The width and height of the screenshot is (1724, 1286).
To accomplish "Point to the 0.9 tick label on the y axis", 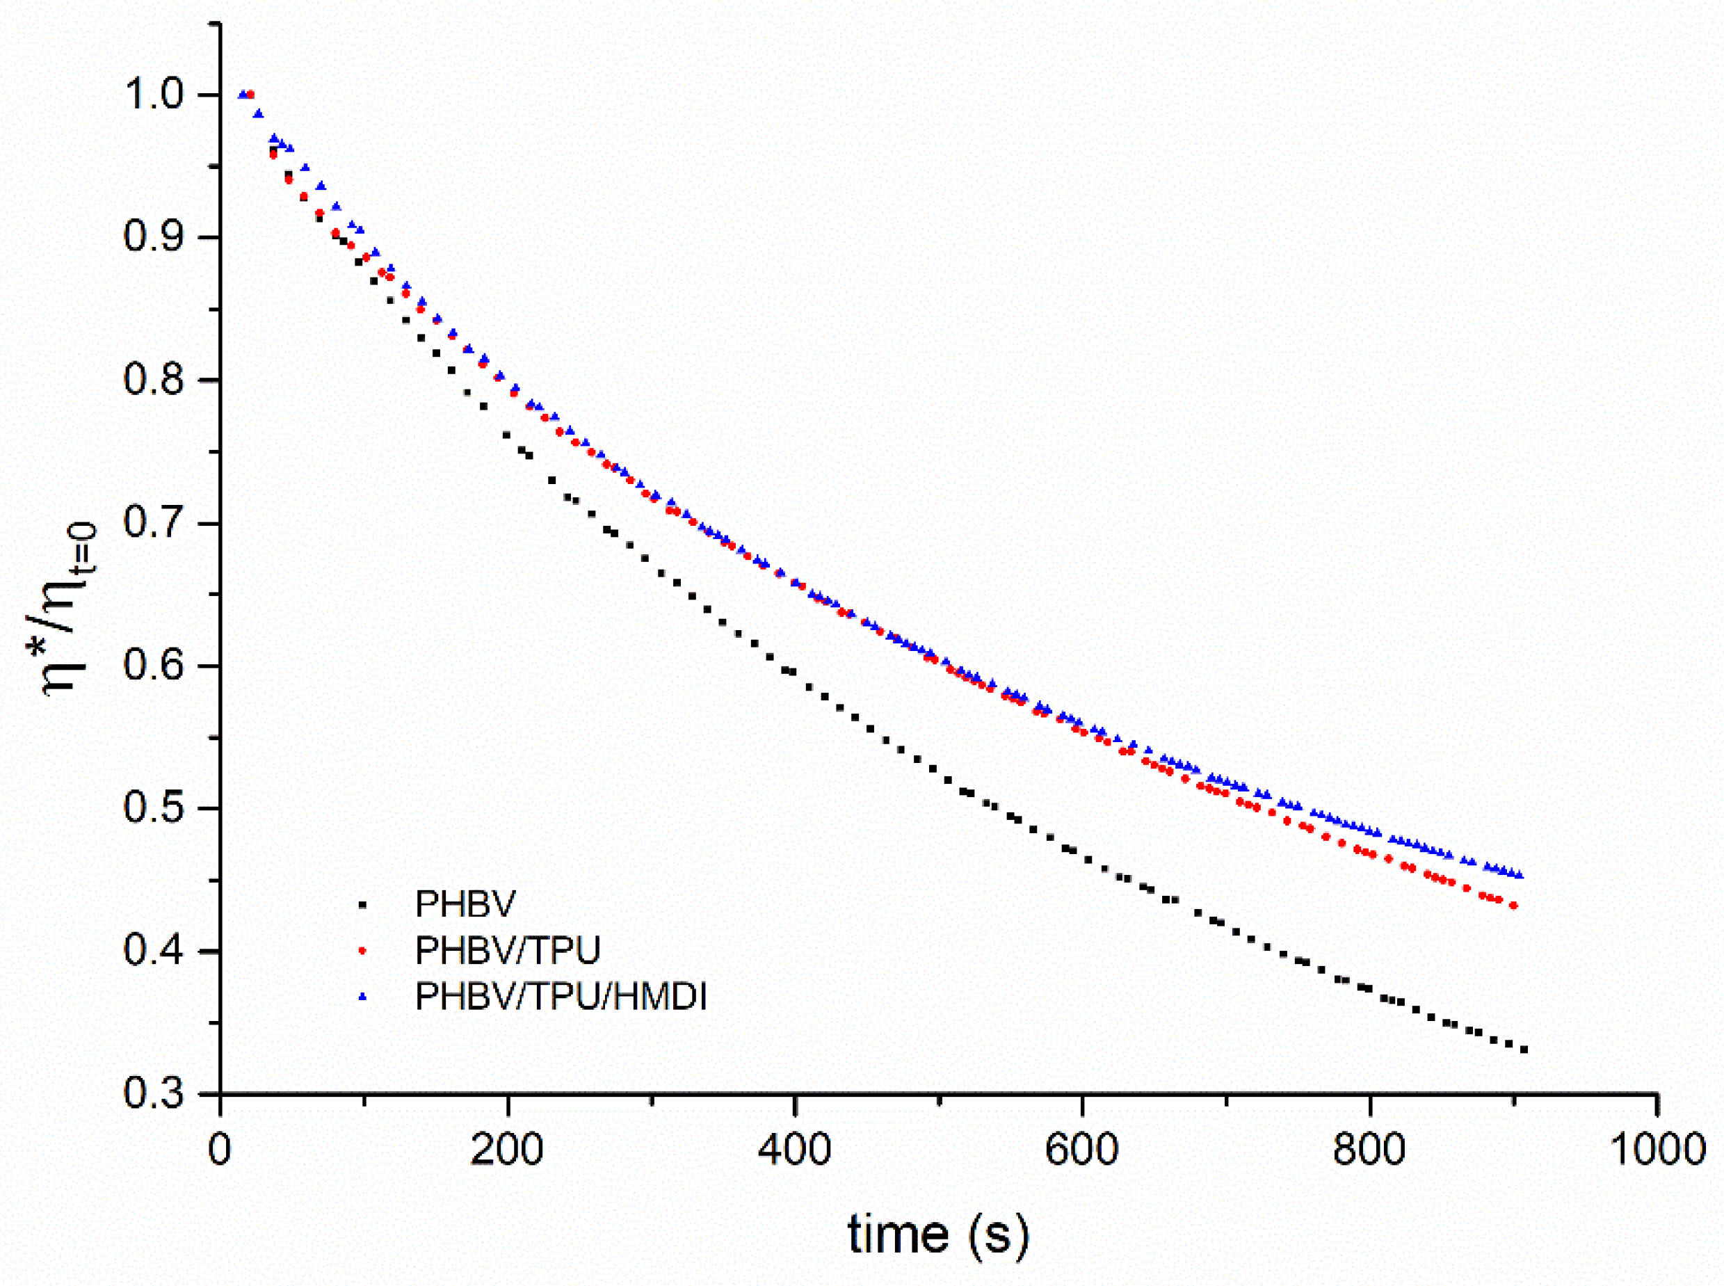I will tap(156, 236).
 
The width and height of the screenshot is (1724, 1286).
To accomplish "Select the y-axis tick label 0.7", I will tap(156, 522).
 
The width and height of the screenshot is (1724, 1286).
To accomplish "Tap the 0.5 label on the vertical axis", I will tap(156, 808).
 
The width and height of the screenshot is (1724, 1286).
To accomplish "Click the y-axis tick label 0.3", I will tap(156, 1093).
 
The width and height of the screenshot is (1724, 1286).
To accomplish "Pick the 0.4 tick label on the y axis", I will tap(156, 951).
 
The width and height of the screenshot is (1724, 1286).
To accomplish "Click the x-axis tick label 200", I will tap(507, 1150).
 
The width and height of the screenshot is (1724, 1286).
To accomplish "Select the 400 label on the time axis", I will tap(795, 1150).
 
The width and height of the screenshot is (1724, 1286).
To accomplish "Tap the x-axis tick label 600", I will tap(1082, 1150).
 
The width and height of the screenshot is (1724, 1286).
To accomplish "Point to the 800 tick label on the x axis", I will tap(1369, 1150).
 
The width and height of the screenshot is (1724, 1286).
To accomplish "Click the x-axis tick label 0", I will tap(220, 1150).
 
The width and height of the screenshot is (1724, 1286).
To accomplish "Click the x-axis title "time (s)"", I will tap(939, 1235).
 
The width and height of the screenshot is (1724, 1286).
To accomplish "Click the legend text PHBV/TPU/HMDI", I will tap(561, 997).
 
